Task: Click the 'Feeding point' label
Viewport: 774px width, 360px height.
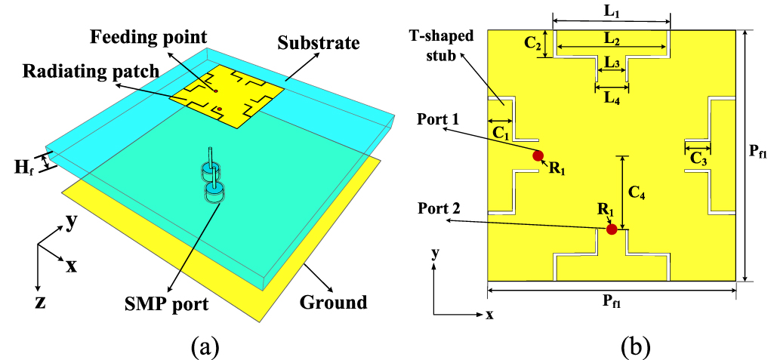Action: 148,36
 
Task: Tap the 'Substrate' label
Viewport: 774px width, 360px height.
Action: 318,42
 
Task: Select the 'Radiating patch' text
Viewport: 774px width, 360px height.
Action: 91,71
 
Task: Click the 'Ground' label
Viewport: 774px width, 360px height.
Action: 332,303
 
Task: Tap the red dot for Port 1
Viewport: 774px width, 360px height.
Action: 538,156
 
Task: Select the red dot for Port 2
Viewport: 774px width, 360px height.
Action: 612,229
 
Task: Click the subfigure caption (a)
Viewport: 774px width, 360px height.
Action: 205,346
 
